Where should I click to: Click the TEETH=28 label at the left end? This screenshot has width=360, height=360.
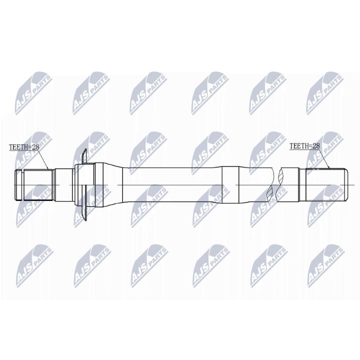24,147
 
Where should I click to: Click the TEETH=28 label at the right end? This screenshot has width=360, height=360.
304,146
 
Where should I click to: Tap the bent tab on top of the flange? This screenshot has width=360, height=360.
84,156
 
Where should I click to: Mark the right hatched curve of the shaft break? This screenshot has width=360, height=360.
282,185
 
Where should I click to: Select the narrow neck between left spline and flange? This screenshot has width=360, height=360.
63,185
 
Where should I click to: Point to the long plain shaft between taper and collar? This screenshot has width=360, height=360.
170,185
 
